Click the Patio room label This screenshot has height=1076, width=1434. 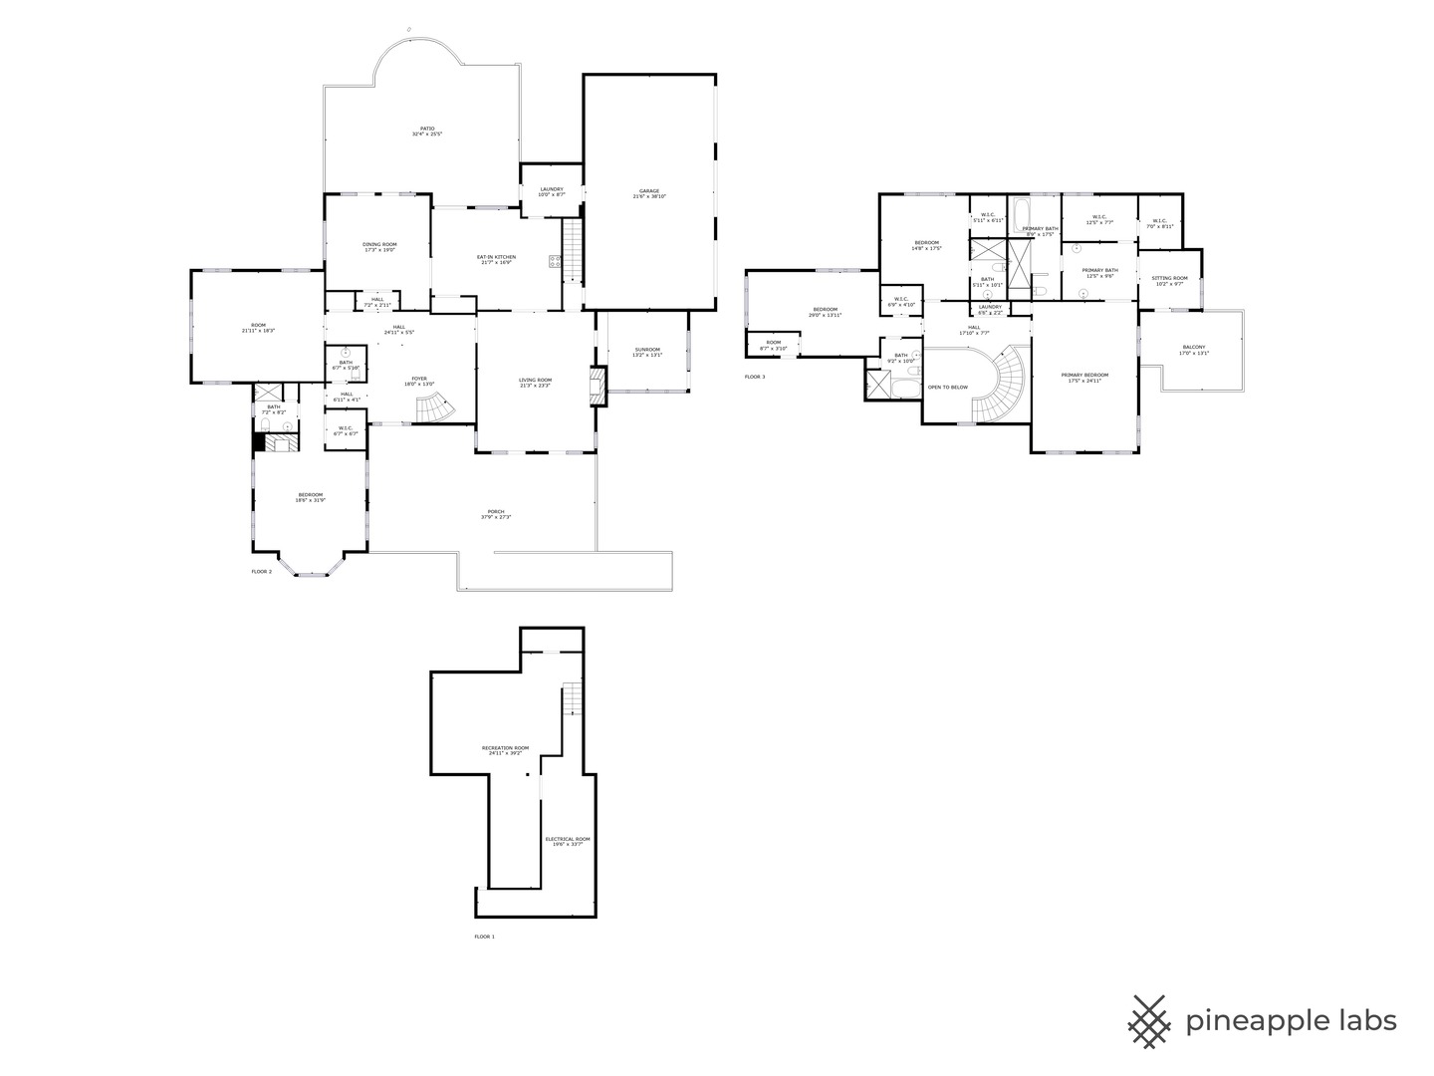point(427,131)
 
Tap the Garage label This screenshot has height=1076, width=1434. point(649,193)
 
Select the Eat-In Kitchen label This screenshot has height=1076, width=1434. point(496,259)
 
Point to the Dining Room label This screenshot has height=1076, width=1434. point(379,247)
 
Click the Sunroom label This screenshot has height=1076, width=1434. point(647,352)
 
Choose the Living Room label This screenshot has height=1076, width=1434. point(535,382)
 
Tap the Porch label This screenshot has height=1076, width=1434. point(496,514)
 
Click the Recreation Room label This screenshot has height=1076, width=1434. point(505,750)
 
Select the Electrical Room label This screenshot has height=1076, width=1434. point(568,841)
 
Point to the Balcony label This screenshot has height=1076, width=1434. point(1194,350)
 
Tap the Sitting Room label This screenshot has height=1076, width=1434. point(1169,281)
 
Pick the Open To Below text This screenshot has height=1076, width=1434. point(947,387)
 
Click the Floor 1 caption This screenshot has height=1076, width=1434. point(484,937)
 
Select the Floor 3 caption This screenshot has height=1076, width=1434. point(755,377)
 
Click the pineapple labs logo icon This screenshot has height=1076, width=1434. point(1149,1021)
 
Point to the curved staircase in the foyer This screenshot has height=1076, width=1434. point(434,406)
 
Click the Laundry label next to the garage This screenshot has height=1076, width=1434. point(552,191)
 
